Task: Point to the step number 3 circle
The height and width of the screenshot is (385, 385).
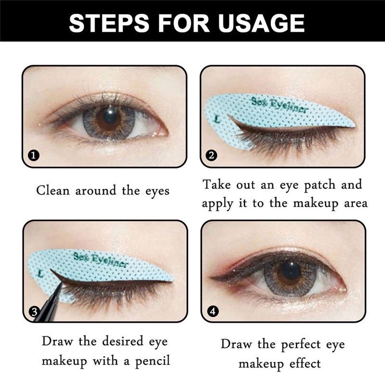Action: coord(34,312)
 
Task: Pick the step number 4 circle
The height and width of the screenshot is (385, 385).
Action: coord(212,312)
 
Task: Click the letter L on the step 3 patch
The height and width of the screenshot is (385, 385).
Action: coord(40,273)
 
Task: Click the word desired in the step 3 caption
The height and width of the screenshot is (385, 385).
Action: coord(118,342)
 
